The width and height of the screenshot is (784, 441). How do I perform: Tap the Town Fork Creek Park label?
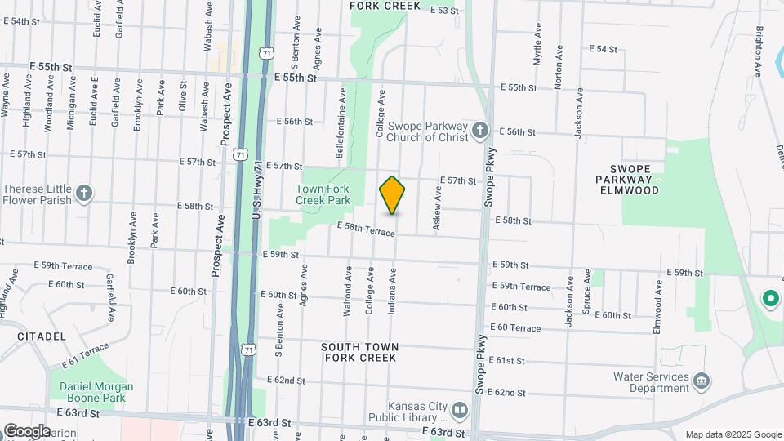[x=323, y=194]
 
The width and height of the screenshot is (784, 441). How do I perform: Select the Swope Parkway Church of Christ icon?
[x=481, y=131]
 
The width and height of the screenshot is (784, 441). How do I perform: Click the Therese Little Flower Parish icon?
[x=83, y=194]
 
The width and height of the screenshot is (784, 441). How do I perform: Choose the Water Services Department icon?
[x=701, y=381]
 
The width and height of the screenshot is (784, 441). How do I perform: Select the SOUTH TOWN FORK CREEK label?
[x=360, y=352]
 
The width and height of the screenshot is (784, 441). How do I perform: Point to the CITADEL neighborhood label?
[x=41, y=336]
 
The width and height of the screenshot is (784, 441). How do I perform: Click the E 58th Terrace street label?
[x=366, y=229]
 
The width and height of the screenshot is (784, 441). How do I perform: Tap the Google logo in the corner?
[x=27, y=430]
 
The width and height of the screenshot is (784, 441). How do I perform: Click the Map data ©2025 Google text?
[x=733, y=434]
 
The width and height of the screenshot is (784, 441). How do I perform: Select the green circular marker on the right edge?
[x=769, y=299]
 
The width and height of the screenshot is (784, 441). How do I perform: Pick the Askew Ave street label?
[x=438, y=207]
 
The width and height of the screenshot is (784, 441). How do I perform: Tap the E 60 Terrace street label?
[x=515, y=327]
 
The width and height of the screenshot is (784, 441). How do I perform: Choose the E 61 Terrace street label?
[x=83, y=354]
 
